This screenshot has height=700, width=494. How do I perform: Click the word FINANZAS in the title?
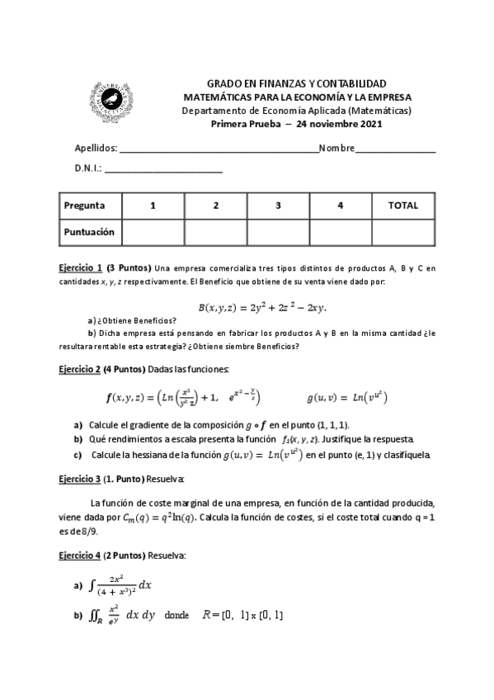coord(276,85)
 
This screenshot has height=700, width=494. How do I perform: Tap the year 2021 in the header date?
coord(368,124)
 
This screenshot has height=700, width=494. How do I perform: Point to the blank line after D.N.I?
coord(163,171)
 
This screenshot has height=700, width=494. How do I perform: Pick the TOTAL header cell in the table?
coord(402,206)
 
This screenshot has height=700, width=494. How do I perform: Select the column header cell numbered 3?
coord(278,206)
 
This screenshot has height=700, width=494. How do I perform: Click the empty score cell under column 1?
coord(153,232)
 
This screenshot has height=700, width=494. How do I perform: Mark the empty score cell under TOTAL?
coord(402,232)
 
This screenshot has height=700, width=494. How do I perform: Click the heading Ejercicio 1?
coord(81,267)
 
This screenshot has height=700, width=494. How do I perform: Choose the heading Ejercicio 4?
coord(81,556)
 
